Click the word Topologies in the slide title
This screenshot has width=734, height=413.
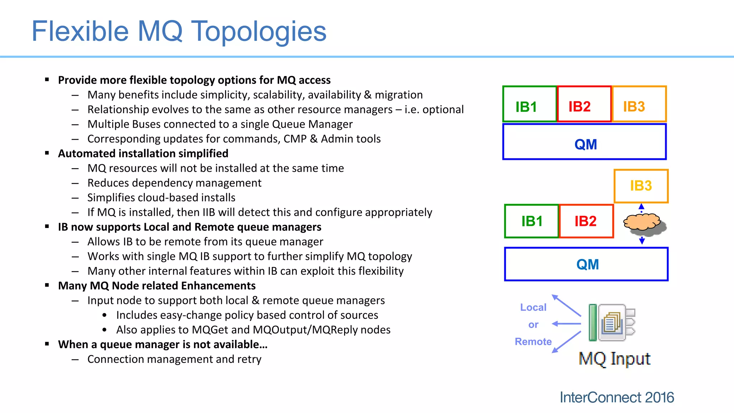click(x=258, y=32)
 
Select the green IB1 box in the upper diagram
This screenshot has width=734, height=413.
click(x=529, y=104)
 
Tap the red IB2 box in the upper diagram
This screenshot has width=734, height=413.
click(x=584, y=104)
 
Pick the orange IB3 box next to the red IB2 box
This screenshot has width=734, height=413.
click(x=639, y=104)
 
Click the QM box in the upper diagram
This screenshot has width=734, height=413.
click(x=585, y=142)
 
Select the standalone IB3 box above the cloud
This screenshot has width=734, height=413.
click(x=641, y=186)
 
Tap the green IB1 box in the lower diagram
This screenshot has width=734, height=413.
click(x=532, y=221)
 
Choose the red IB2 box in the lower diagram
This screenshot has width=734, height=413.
click(x=586, y=221)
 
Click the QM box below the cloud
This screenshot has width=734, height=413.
click(x=586, y=264)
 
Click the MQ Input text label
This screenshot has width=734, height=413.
click(x=614, y=359)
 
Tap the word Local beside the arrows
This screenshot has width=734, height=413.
click(x=533, y=307)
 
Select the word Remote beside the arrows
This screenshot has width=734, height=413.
click(x=533, y=342)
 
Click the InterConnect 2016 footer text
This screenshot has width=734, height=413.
click(x=616, y=397)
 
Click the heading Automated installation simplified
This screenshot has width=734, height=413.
click(x=143, y=153)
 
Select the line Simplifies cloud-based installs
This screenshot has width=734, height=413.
click(x=161, y=198)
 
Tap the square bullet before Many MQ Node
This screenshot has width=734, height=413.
click(x=47, y=285)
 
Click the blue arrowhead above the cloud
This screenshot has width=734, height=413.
click(x=642, y=206)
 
